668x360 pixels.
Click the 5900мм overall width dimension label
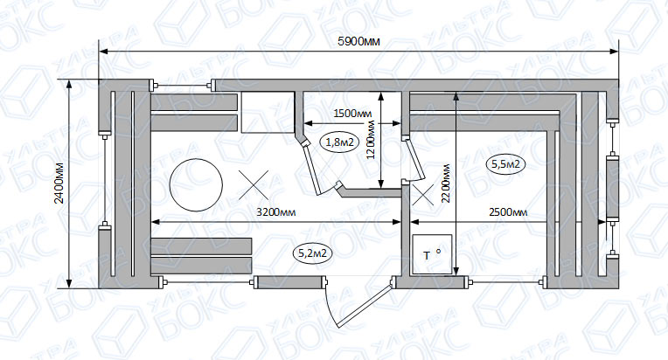tap(358, 42)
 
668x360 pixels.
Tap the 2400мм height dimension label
tap(59, 183)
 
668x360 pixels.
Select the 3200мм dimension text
tap(275, 212)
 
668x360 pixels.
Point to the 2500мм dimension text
tap(508, 212)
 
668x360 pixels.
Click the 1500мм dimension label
tap(352, 114)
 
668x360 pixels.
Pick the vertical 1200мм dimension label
tap(371, 140)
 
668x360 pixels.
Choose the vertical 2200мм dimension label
tap(446, 183)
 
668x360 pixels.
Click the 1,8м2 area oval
tap(339, 142)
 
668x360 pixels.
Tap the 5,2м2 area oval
tap(313, 253)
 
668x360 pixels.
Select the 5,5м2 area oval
tap(505, 164)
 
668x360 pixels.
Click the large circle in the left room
tap(196, 184)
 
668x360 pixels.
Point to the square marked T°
tap(432, 254)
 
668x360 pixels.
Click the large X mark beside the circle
tap(254, 185)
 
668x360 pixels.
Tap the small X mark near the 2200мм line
tap(422, 195)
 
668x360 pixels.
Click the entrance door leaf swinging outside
tap(365, 306)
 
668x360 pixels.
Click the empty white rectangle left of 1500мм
tap(268, 112)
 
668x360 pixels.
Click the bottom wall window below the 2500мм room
tap(505, 281)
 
